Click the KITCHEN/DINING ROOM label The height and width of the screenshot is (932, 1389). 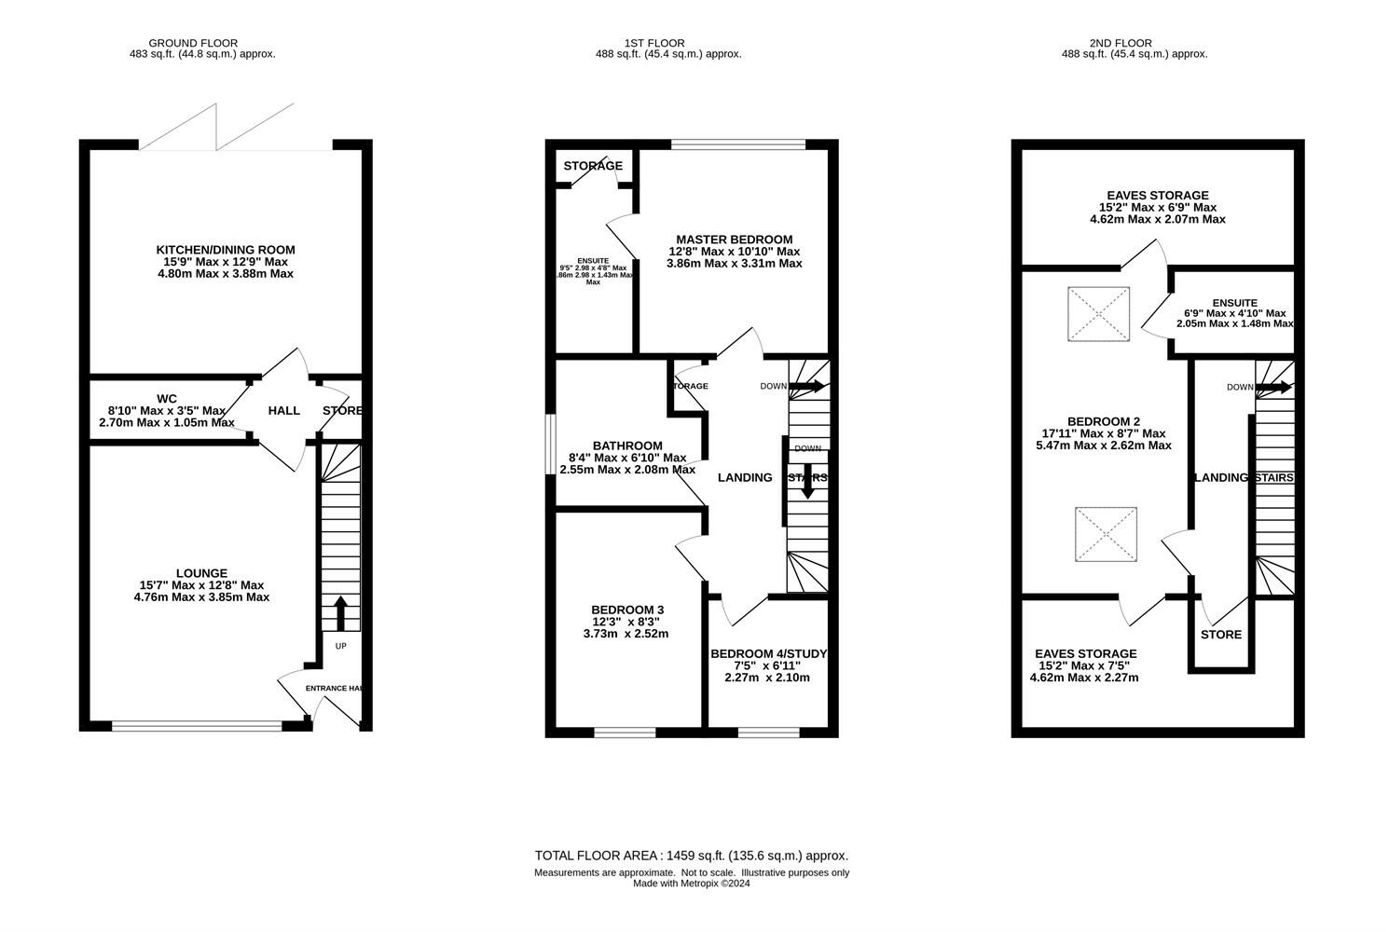coord(225,250)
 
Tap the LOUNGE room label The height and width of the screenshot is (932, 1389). coord(201,573)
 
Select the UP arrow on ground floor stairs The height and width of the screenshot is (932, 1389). coord(339,613)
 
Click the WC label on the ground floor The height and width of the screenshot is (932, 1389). coord(167,398)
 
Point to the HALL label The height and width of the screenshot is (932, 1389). coord(283,411)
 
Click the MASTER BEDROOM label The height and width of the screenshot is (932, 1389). coord(734,240)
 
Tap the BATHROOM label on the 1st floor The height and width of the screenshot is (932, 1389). coord(627,445)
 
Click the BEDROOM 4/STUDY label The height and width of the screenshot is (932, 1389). coord(768,654)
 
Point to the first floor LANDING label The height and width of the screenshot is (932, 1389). coord(744,477)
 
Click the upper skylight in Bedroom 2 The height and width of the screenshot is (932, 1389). coord(1098,314)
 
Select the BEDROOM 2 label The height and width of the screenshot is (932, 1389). coord(1103,421)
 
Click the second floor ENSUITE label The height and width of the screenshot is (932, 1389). coord(1234,303)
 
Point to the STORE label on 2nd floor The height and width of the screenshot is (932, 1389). coord(1220,635)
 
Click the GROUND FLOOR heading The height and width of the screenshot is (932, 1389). coord(193,43)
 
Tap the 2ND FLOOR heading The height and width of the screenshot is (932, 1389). coord(1134,43)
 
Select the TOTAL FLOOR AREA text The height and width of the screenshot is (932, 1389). coord(691,856)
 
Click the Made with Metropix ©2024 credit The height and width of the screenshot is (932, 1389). coord(691,884)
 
